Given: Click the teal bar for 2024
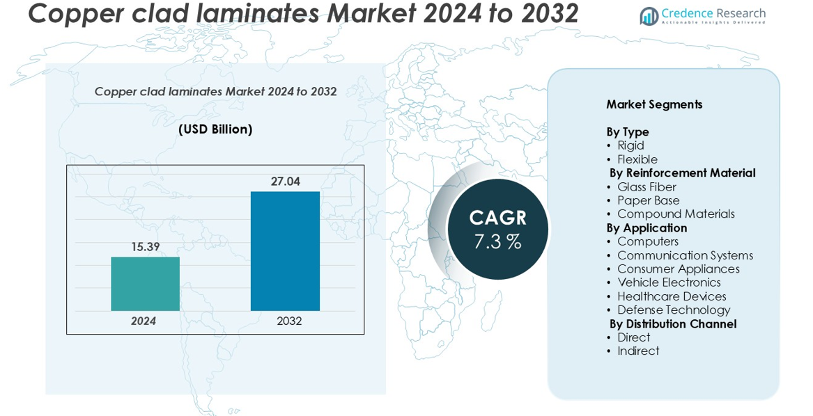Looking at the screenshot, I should coord(145,284).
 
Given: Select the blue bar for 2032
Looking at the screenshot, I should coord(285,251).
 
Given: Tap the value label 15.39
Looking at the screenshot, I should coord(145,246).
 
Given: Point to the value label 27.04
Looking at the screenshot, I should coord(285,182).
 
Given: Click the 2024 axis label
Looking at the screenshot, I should coord(144,321).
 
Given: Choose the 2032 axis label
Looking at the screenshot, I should coord(289,321).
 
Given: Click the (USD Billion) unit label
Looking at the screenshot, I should coord(215,129).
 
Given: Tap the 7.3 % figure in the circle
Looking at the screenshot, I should coord(497,242).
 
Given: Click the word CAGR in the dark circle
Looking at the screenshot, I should coord(497,218).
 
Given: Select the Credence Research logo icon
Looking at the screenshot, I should coord(649,16).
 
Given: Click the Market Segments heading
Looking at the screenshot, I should coord(653,104).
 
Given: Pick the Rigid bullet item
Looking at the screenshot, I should coord(630,145).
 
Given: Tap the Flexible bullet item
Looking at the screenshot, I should coord(637,159).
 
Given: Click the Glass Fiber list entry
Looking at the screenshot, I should coord(646,186).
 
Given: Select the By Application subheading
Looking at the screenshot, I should coord(646,227).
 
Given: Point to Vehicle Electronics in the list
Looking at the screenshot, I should coord(669,282).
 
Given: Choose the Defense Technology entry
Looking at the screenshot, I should coord(674,310).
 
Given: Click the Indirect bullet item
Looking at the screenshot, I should coord(638,351).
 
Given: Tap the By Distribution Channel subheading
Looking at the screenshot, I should coord(672,323).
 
